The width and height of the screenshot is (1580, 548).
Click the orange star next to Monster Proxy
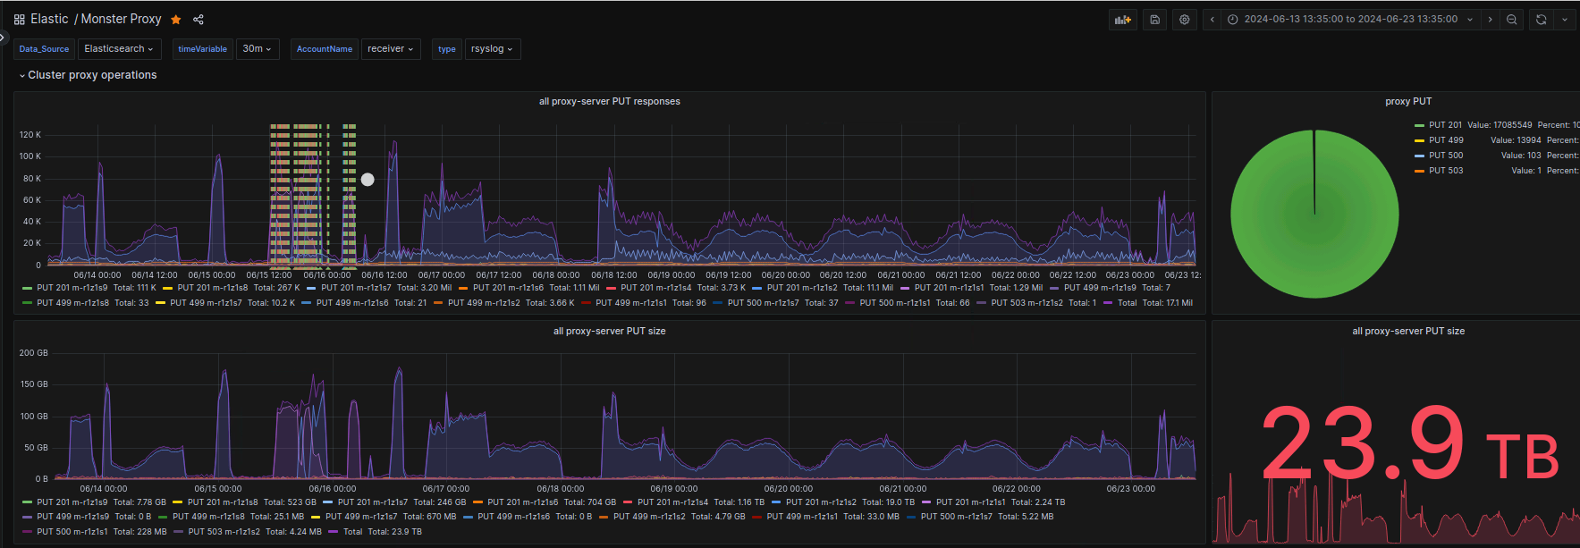176,20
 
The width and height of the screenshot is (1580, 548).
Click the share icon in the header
199,20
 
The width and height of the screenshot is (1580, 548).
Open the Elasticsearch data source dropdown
119,49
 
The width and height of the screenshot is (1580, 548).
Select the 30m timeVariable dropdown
257,49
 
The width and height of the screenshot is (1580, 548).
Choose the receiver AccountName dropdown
391,49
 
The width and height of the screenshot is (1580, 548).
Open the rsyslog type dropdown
492,49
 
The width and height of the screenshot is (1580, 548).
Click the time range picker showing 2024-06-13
1350,20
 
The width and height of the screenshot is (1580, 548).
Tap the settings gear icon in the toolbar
1185,20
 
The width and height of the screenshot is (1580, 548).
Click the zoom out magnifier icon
1512,20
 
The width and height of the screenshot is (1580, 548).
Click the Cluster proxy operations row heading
92,75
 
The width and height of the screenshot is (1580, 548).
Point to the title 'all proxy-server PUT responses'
609,102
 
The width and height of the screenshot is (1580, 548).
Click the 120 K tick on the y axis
30,135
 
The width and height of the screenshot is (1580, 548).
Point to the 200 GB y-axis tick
34,353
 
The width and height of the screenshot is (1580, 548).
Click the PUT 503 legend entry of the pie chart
1445,171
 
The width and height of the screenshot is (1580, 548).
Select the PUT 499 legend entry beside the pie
1445,140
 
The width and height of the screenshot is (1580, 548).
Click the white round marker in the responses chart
368,180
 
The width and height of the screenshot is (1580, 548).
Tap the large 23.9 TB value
1409,445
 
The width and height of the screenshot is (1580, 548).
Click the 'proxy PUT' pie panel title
1408,102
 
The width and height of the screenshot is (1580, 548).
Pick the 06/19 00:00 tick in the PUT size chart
674,489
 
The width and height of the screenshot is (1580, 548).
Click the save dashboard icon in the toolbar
1155,20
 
